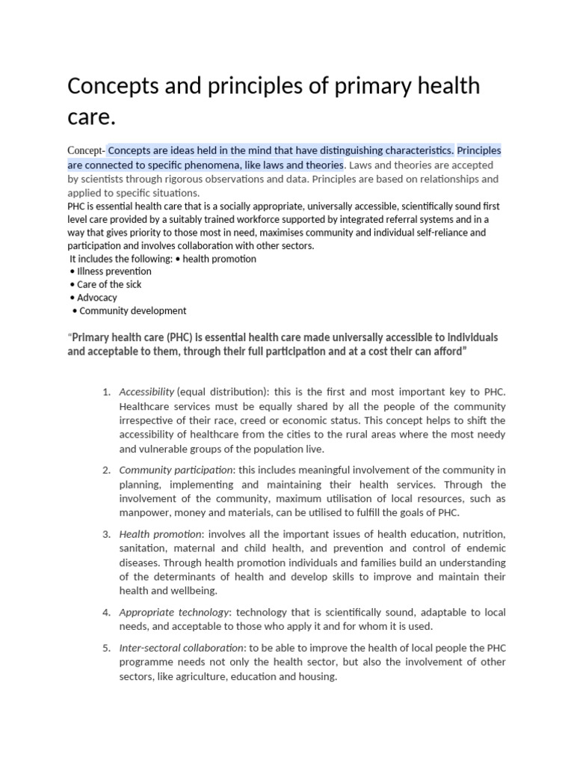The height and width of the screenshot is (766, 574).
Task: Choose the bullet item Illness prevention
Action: [x=114, y=272]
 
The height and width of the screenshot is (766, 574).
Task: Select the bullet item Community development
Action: [x=132, y=310]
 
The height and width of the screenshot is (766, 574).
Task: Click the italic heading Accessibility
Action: [x=146, y=392]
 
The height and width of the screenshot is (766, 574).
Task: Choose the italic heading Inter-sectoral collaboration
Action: [x=182, y=648]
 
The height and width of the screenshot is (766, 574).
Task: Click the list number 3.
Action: [x=106, y=534]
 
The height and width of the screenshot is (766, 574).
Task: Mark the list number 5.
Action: [x=106, y=648]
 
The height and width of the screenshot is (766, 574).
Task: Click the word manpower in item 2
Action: [x=143, y=512]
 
